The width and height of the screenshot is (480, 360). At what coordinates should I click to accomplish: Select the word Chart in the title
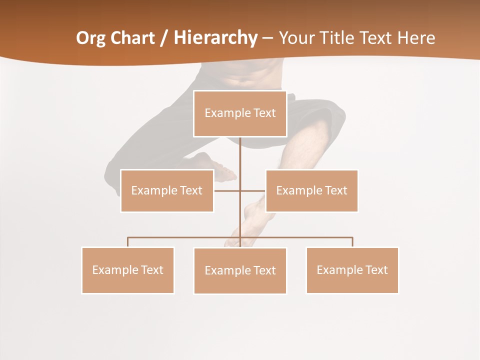[x=130, y=38]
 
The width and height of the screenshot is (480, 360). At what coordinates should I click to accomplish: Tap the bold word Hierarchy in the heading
[x=215, y=38]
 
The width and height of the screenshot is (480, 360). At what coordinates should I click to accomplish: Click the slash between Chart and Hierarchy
[x=164, y=38]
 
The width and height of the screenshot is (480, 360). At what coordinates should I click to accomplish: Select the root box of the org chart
[x=240, y=113]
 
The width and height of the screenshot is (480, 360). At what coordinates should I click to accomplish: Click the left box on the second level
[x=167, y=190]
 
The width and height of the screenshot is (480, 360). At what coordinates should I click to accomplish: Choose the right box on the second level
[x=311, y=190]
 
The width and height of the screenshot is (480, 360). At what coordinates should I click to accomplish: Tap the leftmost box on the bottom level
[x=128, y=270]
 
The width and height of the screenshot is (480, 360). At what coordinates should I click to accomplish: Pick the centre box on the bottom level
[x=240, y=270]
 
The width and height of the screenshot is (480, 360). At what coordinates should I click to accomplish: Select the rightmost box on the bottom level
[x=352, y=270]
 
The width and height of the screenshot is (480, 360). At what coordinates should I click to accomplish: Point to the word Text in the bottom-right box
[x=375, y=270]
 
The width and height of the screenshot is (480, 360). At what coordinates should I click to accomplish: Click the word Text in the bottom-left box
[x=151, y=270]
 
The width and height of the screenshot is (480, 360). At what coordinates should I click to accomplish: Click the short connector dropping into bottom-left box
[x=128, y=242]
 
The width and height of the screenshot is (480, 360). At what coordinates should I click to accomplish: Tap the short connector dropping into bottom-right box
[x=352, y=242]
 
